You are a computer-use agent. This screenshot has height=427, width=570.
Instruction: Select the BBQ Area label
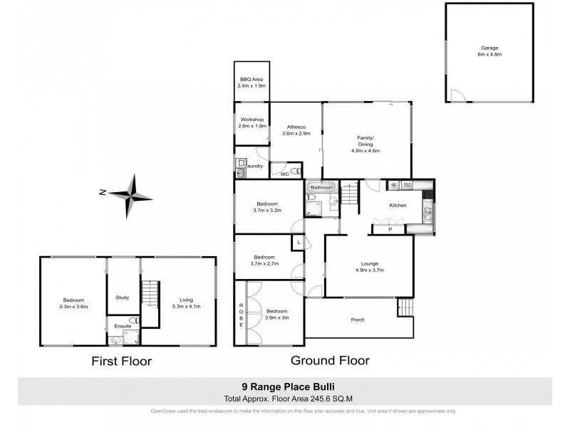(x=251, y=79)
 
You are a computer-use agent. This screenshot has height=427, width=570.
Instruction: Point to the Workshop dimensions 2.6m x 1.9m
(x=252, y=126)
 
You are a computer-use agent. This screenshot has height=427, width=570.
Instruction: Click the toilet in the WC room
(x=294, y=172)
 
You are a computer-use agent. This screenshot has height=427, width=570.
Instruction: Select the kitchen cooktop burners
(x=393, y=185)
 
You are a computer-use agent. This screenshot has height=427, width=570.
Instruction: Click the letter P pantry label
(x=390, y=229)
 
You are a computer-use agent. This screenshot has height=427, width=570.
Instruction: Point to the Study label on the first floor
(x=123, y=298)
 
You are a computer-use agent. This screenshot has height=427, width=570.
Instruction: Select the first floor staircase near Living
(x=149, y=292)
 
